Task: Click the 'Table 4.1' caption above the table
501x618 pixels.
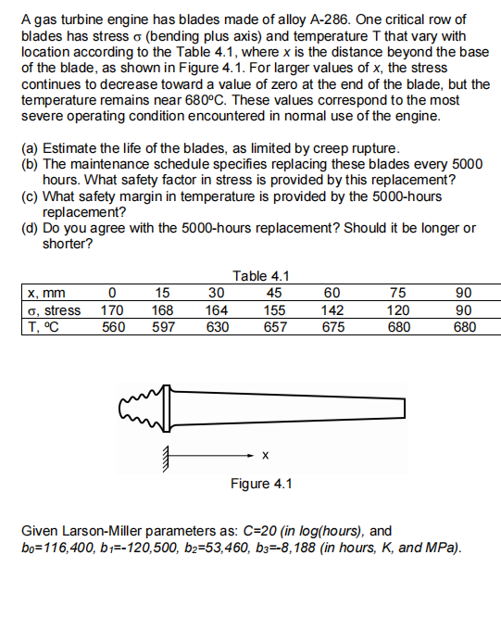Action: pos(262,275)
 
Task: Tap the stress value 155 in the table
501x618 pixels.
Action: pos(274,309)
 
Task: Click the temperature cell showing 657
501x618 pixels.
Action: pos(274,326)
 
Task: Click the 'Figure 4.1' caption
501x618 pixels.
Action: pos(262,485)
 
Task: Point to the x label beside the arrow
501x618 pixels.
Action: pos(266,455)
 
